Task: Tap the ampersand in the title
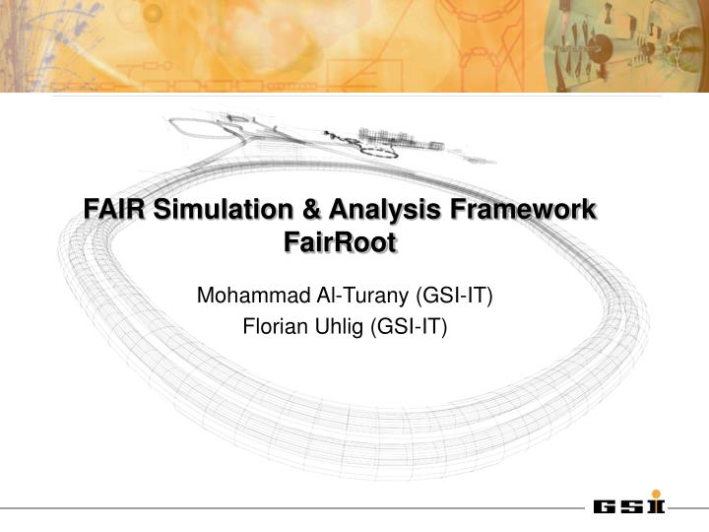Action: (x=310, y=210)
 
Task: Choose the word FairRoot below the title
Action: (x=340, y=242)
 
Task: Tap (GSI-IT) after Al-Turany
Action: (x=453, y=295)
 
